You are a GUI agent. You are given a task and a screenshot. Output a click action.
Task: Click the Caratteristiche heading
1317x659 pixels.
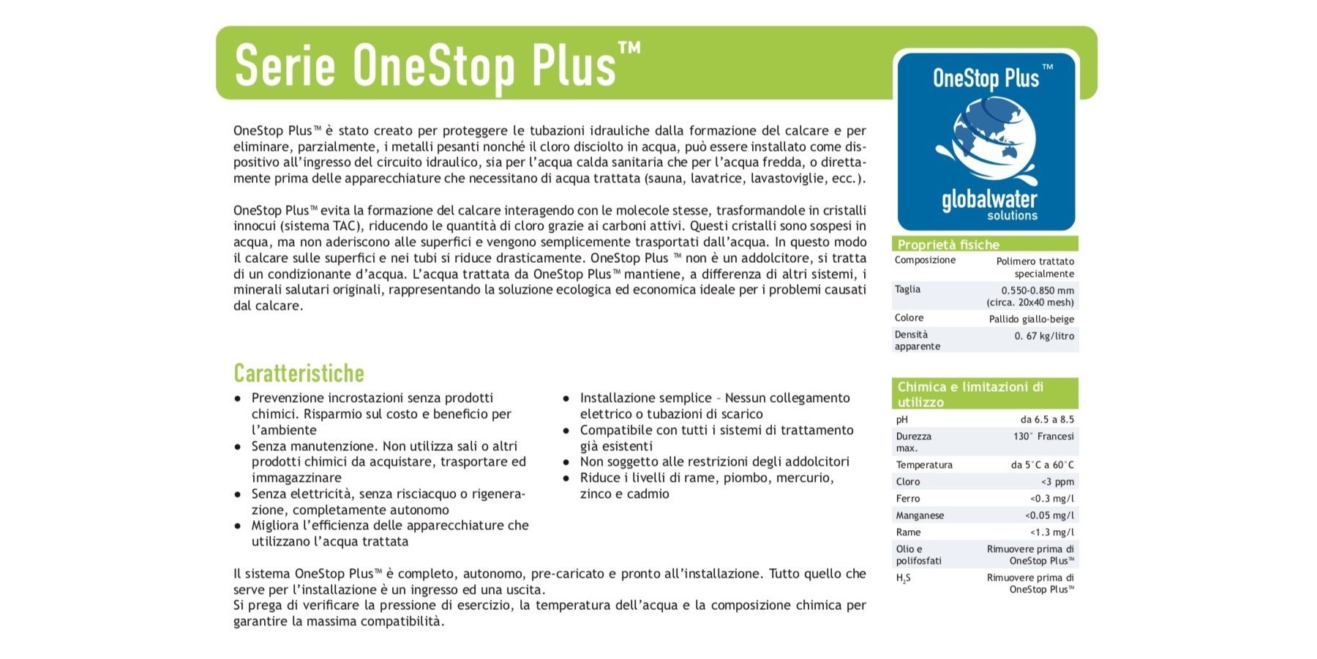point(299,373)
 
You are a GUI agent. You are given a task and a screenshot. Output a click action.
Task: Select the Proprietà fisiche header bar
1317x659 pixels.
point(985,245)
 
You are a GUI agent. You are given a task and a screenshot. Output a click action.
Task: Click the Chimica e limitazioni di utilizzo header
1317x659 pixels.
point(985,394)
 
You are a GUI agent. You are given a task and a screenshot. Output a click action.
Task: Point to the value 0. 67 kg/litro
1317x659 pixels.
point(1044,336)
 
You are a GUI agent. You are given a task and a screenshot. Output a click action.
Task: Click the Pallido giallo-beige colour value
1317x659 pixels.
point(1031,319)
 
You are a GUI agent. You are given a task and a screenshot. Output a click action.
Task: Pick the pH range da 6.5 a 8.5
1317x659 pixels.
point(1047,420)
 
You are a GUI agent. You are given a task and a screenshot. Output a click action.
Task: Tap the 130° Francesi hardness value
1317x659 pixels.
point(1043,436)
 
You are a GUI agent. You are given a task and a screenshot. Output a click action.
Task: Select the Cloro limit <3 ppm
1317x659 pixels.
point(1057,482)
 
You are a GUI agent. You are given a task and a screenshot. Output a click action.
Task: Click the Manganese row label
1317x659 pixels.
point(920,515)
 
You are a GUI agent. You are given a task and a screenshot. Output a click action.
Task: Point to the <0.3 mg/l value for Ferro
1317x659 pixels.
point(1052,499)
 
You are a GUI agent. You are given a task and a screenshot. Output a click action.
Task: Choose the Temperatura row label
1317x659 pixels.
point(924,465)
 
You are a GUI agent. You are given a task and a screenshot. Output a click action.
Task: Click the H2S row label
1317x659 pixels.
point(903,578)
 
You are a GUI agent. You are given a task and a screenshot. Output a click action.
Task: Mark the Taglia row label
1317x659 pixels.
point(907,289)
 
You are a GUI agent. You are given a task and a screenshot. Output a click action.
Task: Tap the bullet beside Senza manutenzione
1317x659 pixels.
point(238,447)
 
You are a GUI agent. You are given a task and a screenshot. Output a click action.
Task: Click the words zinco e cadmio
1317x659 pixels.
point(624,494)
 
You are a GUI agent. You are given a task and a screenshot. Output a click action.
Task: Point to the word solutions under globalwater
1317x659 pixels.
point(1012,216)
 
